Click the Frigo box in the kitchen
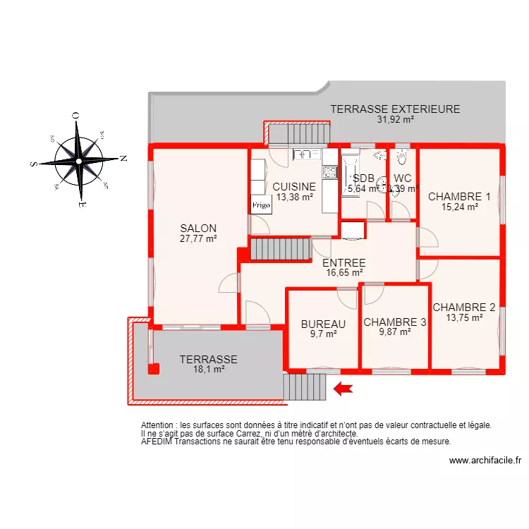point(261,205)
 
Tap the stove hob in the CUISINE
point(329,171)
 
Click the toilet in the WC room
point(402,156)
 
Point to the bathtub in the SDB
point(350,176)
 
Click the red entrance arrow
point(343,388)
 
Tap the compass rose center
point(78,162)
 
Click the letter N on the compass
point(123,159)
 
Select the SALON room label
point(198,228)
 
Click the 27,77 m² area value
point(198,238)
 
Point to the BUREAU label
point(323,324)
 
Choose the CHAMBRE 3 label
point(395,322)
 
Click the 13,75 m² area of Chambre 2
point(464,317)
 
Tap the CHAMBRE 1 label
point(459,197)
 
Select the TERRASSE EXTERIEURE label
point(395,109)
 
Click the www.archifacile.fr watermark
point(485,461)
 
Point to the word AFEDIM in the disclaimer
point(158,442)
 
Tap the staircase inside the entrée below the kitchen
point(280,249)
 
